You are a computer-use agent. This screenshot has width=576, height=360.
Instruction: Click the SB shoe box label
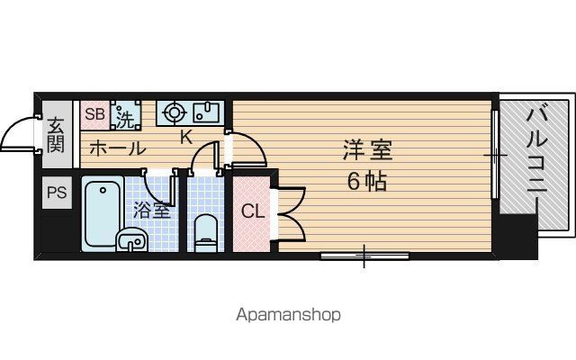coord(94,114)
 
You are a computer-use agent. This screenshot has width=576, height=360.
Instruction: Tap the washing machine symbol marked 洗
coord(126,115)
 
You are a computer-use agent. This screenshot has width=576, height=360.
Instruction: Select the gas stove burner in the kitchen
coord(174,112)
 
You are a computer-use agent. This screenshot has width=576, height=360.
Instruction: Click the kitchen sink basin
coord(206,112)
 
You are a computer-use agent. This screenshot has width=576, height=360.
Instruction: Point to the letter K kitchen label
coord(186,138)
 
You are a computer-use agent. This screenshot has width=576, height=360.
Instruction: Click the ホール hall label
coord(118,148)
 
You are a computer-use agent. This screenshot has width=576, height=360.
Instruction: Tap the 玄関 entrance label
coord(56,134)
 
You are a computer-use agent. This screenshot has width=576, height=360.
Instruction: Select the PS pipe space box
coord(57,193)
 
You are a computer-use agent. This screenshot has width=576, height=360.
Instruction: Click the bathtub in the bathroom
coord(103,214)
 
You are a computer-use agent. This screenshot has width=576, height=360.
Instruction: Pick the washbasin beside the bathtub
coord(131,240)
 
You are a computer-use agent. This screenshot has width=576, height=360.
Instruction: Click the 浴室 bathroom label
coord(151,211)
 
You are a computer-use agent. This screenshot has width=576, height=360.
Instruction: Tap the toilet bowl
coord(205,234)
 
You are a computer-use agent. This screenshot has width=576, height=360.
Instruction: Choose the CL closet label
coord(253,212)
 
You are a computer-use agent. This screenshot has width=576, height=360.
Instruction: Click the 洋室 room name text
coord(367,150)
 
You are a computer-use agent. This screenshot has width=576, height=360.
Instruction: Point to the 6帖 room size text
coord(367,182)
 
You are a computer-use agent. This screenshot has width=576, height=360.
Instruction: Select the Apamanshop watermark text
coord(288,315)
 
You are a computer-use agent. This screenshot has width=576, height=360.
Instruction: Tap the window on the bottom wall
coord(364,256)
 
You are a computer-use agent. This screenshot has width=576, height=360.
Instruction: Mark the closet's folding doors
coord(291,214)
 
